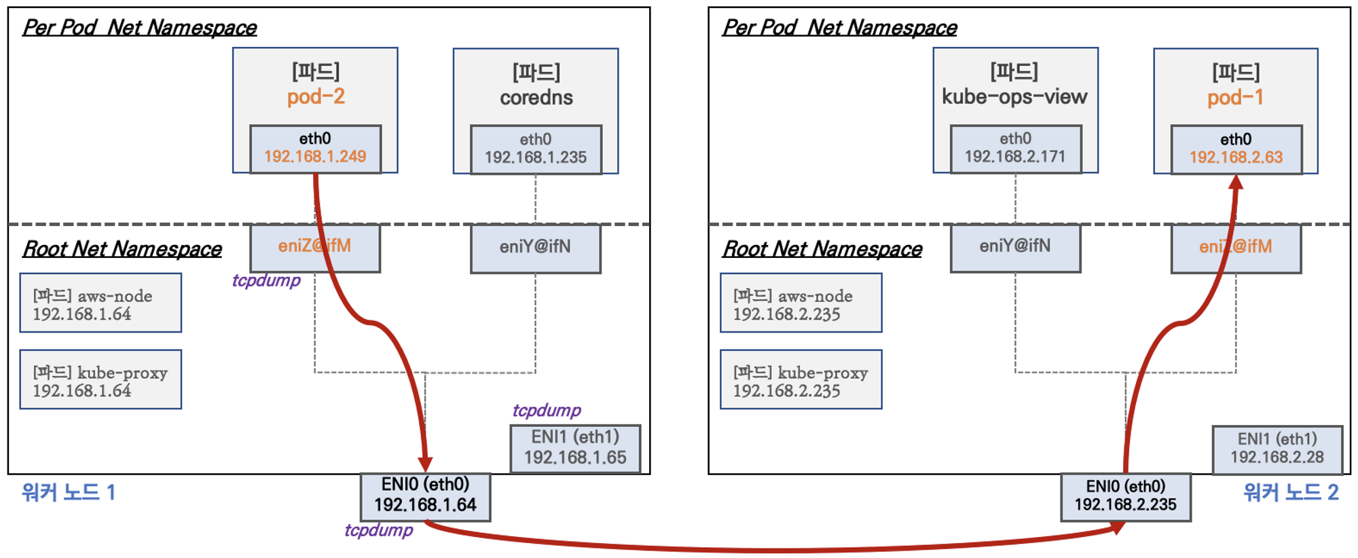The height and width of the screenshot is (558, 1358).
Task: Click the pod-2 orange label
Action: pos(316,96)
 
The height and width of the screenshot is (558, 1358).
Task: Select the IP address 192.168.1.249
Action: pos(315,157)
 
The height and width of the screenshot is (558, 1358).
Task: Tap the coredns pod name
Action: pos(536,98)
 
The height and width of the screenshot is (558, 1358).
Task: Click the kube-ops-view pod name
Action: pos(1014,97)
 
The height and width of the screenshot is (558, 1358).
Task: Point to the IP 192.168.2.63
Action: pos(1236,157)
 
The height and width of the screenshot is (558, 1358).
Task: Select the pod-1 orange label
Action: pos(1235,97)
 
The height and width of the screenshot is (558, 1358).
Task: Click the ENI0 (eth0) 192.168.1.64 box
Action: pos(425,496)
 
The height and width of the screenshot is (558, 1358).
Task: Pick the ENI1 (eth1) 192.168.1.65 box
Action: pos(575,448)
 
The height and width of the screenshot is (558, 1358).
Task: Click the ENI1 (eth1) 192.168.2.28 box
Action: pos(1277,449)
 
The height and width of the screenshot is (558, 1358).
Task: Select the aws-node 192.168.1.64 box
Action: pos(100,303)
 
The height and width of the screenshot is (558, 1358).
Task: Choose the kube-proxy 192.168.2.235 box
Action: pos(801,380)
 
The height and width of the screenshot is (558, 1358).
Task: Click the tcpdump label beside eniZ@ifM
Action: pos(266,280)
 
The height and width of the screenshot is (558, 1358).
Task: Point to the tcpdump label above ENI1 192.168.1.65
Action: pos(547,411)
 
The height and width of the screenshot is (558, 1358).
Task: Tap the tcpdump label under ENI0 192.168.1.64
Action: pos(378,530)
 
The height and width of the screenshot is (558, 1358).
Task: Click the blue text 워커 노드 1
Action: pos(69,492)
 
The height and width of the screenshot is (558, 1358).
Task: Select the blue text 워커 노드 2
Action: pos(1290,492)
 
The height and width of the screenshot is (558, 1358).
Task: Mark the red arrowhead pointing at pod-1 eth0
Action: pos(1236,181)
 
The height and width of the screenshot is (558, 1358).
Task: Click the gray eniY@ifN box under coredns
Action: pos(535,247)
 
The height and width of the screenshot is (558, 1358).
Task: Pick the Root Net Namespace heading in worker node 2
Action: pos(822,249)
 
